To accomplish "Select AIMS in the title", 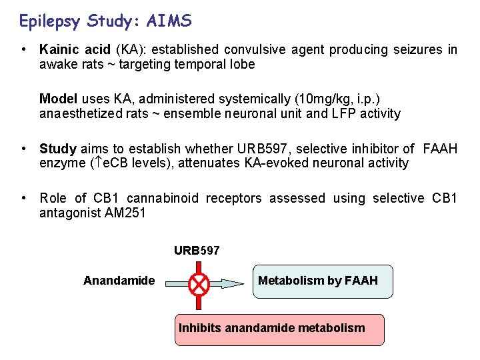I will tap(171, 21).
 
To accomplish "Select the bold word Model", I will tap(57, 99).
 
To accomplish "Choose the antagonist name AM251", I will tap(131, 213).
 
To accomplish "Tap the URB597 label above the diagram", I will tap(197, 251).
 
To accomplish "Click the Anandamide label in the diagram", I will tap(119, 281).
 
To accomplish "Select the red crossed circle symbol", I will tap(199, 285).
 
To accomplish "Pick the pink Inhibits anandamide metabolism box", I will tap(279, 329).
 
